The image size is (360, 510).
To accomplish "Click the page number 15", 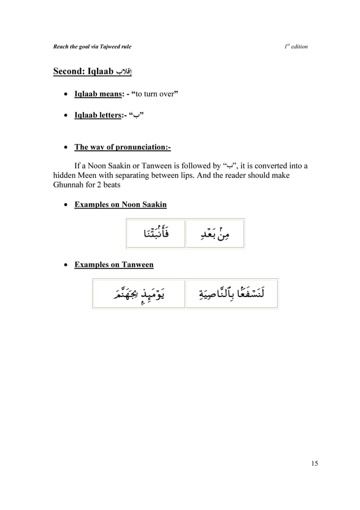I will point(314,464).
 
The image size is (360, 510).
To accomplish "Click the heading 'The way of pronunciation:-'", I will point(122,148).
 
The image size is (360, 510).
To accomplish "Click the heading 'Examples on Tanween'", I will point(113,264).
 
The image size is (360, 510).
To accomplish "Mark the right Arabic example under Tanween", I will point(231,294).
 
